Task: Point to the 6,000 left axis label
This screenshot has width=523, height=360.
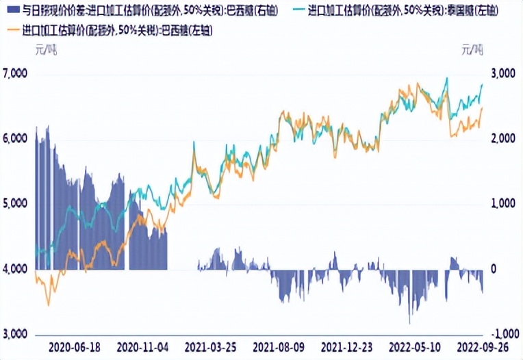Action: pos(14,138)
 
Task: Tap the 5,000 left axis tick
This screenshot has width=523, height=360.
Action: pos(14,203)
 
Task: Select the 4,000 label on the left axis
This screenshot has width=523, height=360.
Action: pos(14,268)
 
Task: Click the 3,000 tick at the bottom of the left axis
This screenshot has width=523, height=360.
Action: pos(14,333)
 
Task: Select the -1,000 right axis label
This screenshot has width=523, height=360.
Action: pos(500,333)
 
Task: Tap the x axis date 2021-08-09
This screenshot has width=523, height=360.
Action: pos(280,347)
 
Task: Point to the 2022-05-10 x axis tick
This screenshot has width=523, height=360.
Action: pos(413,347)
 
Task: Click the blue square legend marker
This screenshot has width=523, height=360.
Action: pos(12,10)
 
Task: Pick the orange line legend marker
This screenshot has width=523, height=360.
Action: pos(12,31)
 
